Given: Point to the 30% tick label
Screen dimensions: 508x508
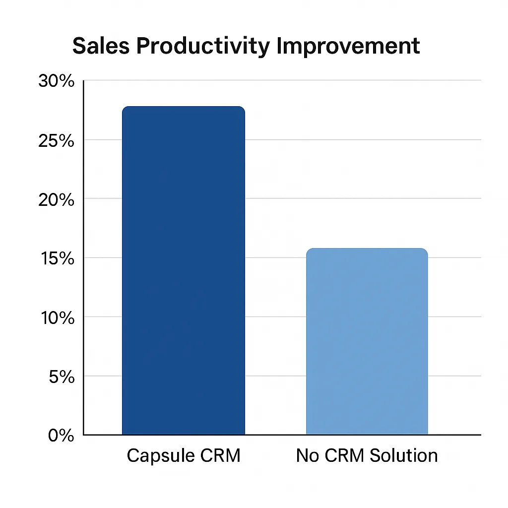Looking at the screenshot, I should [x=56, y=81].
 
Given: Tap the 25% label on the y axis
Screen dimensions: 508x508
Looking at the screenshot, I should [x=56, y=140].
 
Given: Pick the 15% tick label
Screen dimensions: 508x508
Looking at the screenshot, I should [x=56, y=258].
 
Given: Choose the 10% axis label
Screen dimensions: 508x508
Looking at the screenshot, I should [x=56, y=317].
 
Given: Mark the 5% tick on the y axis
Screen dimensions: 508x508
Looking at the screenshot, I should [x=61, y=377].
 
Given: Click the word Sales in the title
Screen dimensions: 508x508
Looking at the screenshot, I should [x=101, y=46].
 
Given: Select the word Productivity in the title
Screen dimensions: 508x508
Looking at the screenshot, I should [x=203, y=47].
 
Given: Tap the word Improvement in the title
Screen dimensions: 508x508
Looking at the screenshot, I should [x=348, y=47].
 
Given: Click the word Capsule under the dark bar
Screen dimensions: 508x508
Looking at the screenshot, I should [x=159, y=455].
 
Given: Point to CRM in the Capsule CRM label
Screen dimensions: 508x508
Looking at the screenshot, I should [x=218, y=455].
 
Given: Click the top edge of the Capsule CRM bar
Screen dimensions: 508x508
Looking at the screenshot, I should [x=184, y=107].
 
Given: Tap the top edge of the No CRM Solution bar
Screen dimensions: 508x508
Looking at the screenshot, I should [x=367, y=249].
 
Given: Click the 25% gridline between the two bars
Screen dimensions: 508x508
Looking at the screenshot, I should [x=275, y=140].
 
